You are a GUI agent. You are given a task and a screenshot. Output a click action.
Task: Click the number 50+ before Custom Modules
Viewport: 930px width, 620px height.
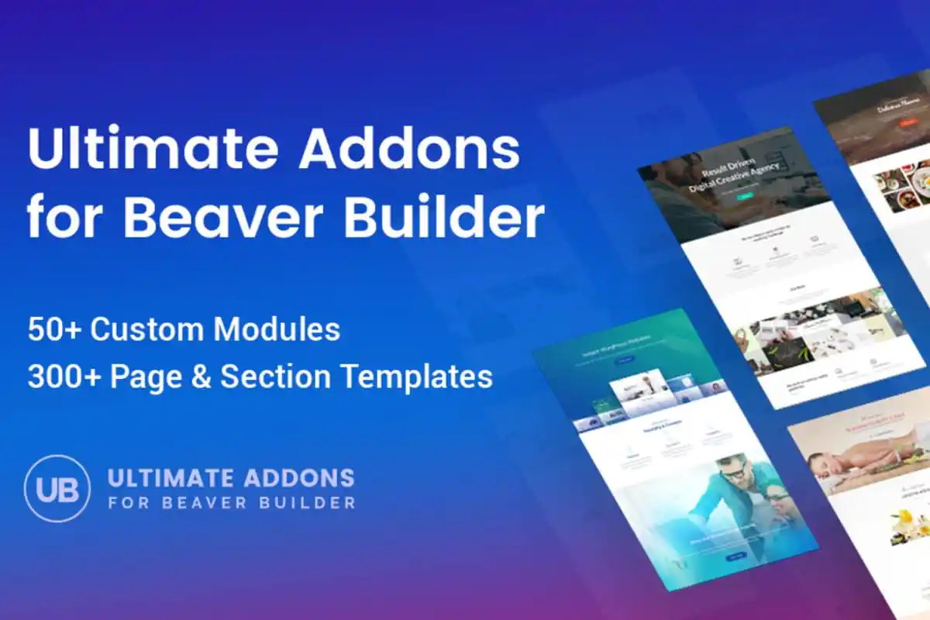tap(54, 329)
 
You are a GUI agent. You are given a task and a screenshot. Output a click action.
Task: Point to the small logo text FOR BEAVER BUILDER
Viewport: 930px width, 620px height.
tap(232, 502)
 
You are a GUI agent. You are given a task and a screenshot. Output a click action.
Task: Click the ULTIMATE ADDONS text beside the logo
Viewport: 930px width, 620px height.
tap(231, 477)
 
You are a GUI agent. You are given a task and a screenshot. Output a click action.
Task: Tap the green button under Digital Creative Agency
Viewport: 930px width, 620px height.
tap(746, 196)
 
